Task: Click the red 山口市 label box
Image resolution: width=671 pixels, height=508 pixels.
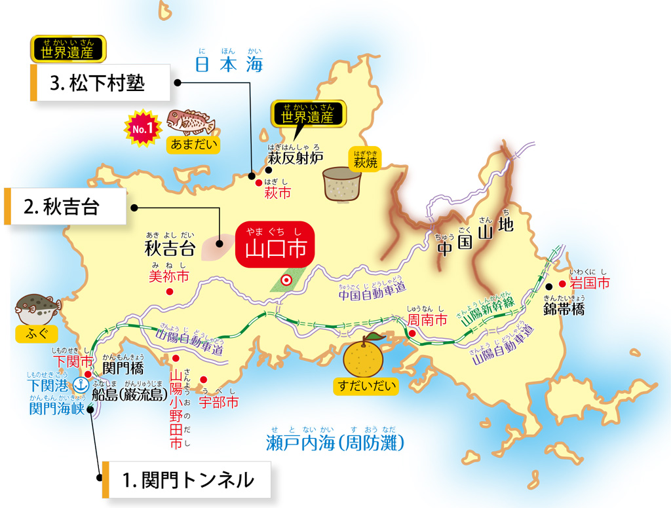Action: coord(275,249)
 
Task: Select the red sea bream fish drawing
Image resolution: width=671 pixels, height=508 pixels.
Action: coord(190,121)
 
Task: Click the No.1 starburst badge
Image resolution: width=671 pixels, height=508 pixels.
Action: coord(143,128)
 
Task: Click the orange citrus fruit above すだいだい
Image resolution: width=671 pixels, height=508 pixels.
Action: coord(366,357)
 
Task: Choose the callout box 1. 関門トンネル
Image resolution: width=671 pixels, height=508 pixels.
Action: coord(187,481)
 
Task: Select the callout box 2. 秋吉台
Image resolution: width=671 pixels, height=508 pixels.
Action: coord(65,206)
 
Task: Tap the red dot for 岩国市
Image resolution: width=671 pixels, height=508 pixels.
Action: coord(562,285)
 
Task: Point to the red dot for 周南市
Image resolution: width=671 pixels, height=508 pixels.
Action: coord(412,334)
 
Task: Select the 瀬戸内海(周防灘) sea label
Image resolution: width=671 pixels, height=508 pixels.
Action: coord(335,443)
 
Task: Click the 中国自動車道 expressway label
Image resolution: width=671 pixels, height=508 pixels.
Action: coord(372,292)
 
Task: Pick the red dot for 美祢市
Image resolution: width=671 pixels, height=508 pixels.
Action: coord(170,291)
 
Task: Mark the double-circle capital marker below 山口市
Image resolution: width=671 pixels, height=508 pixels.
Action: coord(286,280)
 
